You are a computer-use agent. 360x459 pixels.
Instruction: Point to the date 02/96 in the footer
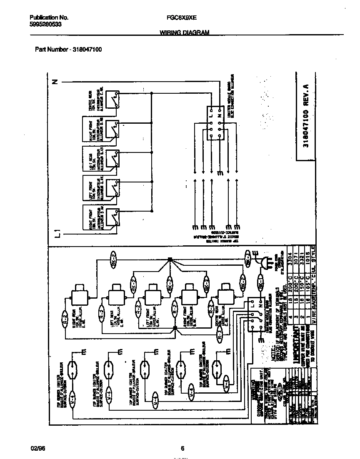37,448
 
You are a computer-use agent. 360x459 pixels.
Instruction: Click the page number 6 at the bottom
182,448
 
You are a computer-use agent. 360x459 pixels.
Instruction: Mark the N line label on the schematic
55,82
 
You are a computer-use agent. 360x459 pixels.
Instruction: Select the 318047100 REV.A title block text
306,117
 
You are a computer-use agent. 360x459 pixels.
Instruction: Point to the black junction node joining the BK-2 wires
170,259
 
